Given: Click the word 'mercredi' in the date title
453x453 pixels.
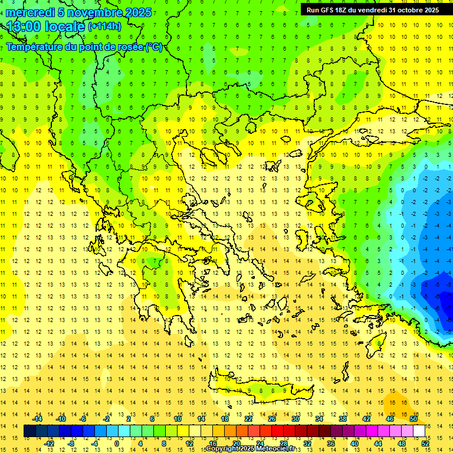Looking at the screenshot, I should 31,12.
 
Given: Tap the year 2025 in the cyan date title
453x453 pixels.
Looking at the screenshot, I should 137,12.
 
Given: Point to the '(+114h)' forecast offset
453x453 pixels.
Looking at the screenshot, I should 104,27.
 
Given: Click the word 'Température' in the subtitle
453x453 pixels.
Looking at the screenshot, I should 35,47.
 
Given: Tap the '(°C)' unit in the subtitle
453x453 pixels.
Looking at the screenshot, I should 153,47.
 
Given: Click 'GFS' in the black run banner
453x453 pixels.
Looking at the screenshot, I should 331,10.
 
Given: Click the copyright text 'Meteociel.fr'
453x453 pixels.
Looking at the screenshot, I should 274,449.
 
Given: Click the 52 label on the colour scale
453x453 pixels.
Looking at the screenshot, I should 425,444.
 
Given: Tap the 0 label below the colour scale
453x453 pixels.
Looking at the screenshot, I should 117,444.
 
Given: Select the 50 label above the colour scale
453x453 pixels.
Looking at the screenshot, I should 413,419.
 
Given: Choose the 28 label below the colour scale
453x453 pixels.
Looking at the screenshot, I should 283,444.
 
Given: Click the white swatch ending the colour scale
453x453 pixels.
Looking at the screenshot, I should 419,431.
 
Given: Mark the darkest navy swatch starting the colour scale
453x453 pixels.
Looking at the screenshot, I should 29,431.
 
